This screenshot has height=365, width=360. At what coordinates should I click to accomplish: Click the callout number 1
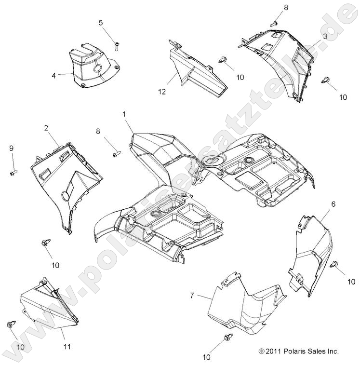[x=124, y=114]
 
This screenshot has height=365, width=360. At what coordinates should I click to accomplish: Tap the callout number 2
[x=46, y=128]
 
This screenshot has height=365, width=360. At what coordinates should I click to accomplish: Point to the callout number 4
[x=54, y=75]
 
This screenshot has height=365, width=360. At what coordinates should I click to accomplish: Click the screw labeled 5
[x=117, y=46]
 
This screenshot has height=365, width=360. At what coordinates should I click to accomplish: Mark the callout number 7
[x=192, y=295]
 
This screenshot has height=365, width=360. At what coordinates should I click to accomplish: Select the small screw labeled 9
[x=13, y=171]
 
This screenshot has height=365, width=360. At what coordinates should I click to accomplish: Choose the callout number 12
[x=164, y=91]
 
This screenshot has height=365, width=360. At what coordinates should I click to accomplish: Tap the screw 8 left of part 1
[x=116, y=154]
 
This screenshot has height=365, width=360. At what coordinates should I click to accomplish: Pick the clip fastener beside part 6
[x=336, y=264]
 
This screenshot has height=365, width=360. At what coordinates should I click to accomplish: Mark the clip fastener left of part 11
[x=11, y=324]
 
